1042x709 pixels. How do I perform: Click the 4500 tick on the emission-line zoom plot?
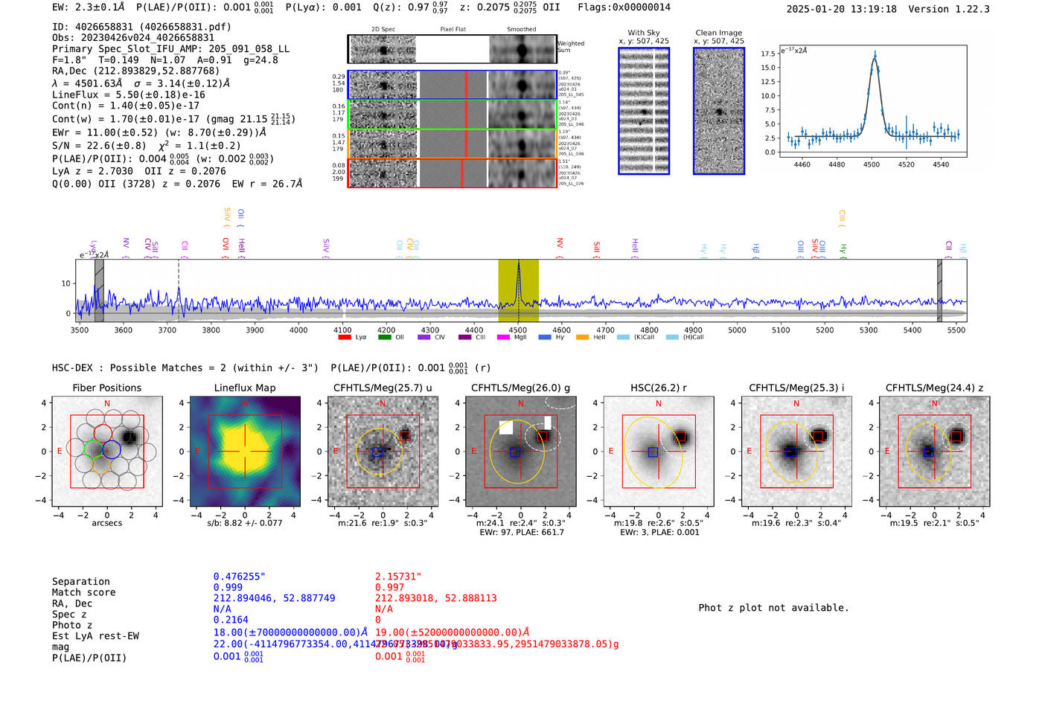click(872, 164)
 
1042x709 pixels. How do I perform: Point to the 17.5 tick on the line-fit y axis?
click(768, 54)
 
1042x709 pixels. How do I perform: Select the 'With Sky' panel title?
click(643, 33)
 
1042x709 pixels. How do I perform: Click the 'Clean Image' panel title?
click(718, 33)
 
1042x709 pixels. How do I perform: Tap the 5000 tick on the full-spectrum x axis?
click(737, 330)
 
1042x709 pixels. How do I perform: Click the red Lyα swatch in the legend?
click(345, 337)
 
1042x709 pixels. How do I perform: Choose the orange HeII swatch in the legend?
click(582, 337)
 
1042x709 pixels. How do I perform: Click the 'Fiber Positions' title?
click(106, 388)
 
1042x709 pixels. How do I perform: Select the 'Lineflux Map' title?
click(244, 388)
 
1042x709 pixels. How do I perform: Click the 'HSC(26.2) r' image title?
click(658, 388)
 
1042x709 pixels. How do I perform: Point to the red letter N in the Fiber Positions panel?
click(107, 403)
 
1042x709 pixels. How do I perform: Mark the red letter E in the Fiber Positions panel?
click(60, 452)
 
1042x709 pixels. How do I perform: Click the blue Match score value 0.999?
click(228, 587)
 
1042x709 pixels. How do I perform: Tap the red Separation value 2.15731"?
click(398, 577)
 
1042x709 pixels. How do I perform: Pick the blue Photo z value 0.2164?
click(231, 620)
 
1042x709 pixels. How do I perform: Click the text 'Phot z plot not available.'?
click(773, 608)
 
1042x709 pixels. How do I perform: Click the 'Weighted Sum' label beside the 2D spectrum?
click(570, 47)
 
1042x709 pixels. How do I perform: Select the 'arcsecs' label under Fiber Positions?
click(106, 523)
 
